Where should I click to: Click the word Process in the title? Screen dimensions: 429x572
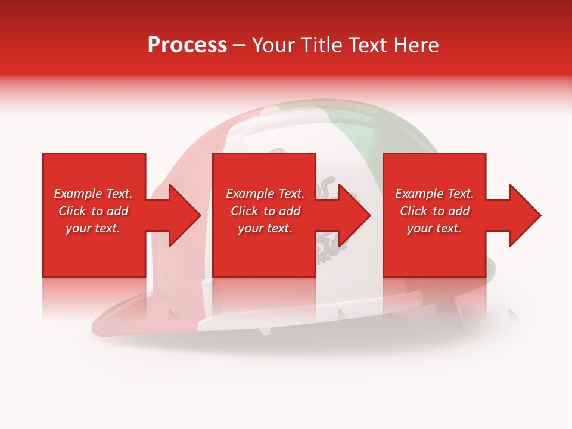pyautogui.click(x=187, y=45)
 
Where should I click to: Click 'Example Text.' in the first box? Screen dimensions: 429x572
pyautogui.click(x=93, y=194)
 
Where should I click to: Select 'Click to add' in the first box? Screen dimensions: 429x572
pyautogui.click(x=93, y=211)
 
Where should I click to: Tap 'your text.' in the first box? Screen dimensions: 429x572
pyautogui.click(x=93, y=228)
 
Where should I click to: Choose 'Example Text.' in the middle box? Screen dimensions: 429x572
pyautogui.click(x=265, y=194)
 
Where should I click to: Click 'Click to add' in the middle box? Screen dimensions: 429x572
pyautogui.click(x=265, y=211)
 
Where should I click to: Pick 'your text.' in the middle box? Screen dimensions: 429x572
pyautogui.click(x=265, y=228)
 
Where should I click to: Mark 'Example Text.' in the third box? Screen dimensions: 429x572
pyautogui.click(x=434, y=194)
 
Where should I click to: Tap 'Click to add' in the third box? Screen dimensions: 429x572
pyautogui.click(x=434, y=211)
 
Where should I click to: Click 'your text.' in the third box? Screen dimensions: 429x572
pyautogui.click(x=434, y=228)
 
